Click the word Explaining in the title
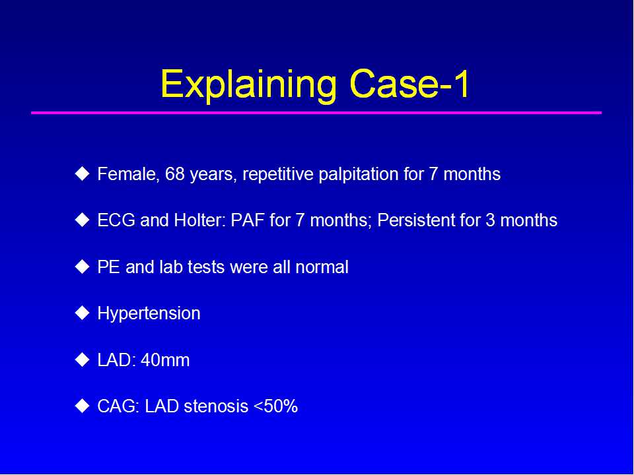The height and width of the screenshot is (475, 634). tap(249, 86)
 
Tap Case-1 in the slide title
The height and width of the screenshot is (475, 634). tap(409, 84)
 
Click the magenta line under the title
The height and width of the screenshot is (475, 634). tap(316, 113)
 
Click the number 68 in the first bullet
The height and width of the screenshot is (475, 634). tap(174, 174)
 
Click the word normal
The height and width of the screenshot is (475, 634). tap(322, 267)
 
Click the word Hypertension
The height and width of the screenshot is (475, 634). tap(149, 314)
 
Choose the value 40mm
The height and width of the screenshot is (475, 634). tap(165, 360)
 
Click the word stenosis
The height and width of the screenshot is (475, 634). tap(216, 406)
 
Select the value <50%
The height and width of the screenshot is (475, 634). tap(276, 406)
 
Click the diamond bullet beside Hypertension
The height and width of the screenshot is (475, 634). tap(83, 313)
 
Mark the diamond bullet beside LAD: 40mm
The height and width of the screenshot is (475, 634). tap(83, 360)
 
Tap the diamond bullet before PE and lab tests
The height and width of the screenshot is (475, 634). tap(83, 267)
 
